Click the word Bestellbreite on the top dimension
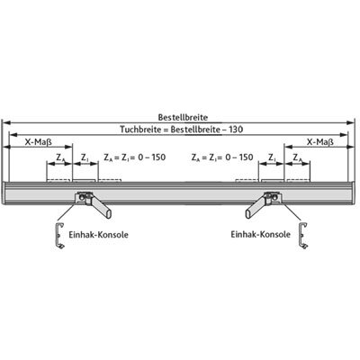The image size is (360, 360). point(183,117)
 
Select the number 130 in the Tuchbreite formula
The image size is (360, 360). point(236,130)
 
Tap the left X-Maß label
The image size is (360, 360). point(38,142)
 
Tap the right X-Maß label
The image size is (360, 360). point(320,142)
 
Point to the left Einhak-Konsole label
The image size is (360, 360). point(98,234)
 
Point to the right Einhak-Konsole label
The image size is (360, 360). point(261,234)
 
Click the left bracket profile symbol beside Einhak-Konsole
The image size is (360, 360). point(59,236)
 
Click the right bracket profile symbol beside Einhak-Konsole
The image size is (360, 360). point(303,236)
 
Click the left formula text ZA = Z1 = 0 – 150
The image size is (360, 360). point(134,157)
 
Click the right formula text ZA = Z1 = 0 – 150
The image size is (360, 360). point(222,157)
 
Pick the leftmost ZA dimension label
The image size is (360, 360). point(60,157)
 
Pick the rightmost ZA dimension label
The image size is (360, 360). point(297,157)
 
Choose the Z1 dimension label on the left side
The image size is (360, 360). point(85,157)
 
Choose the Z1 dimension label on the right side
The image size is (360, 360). point(272,157)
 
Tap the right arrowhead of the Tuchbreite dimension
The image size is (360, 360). point(344,135)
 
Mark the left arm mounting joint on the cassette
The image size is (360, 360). point(84,197)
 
